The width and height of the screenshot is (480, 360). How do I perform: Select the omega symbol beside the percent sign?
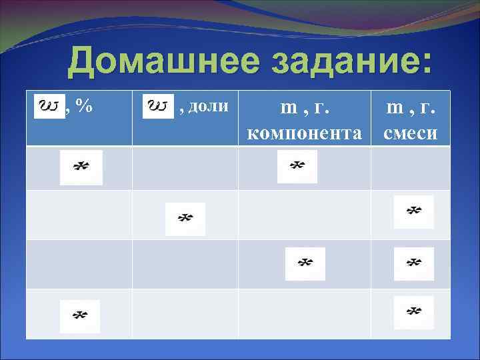49,105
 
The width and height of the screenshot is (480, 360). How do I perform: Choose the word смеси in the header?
410,133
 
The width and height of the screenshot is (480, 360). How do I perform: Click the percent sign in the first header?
83,105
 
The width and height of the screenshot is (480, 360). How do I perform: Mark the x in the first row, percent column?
81,167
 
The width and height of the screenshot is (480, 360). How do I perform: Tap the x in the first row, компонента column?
297,167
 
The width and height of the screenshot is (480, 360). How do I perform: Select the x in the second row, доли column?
185,219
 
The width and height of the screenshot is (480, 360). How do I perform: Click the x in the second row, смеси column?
414,212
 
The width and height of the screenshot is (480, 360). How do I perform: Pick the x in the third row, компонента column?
305,263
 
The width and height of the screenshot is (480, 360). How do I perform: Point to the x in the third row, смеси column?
414,263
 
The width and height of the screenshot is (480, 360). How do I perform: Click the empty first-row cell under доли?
185,168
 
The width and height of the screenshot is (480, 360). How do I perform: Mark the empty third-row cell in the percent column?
79,264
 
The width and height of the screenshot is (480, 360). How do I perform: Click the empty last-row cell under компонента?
304,313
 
